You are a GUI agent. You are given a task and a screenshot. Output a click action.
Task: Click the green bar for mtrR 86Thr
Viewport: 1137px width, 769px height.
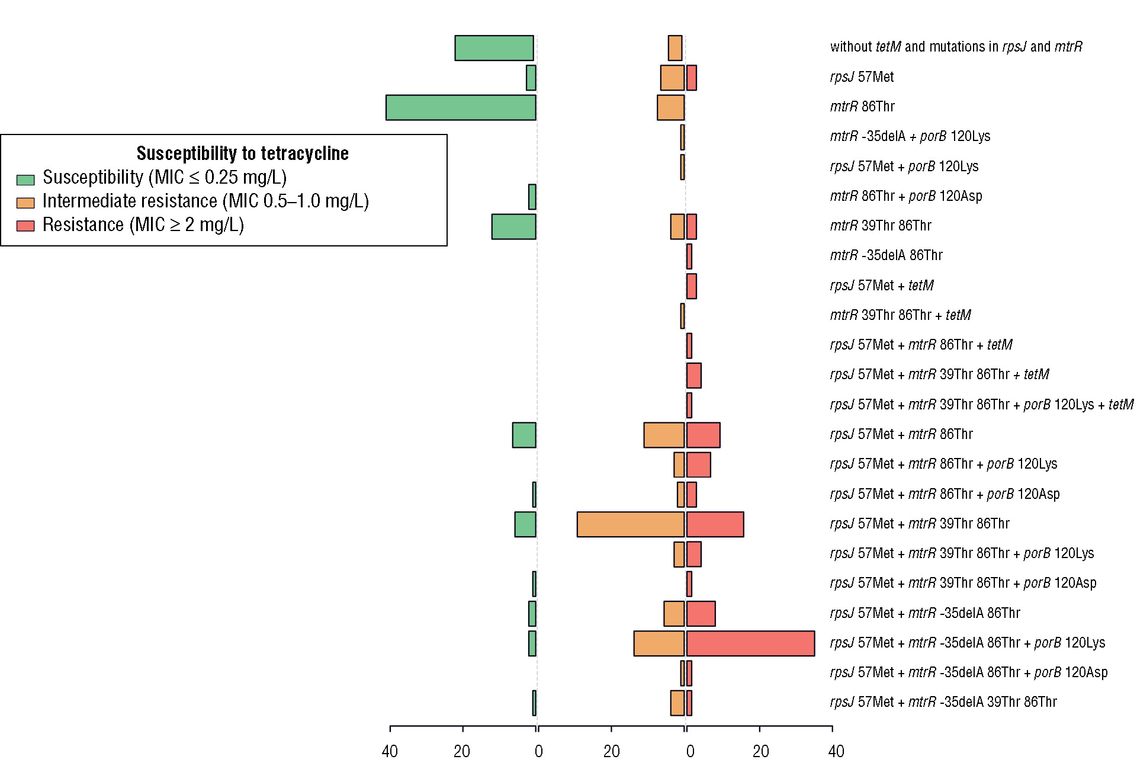pyautogui.click(x=461, y=108)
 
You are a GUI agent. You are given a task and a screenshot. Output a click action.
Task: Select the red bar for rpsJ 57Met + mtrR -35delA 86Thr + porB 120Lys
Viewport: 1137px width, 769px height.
pyautogui.click(x=750, y=643)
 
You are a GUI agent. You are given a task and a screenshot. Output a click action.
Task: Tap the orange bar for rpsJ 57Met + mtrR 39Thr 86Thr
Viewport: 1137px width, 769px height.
pyautogui.click(x=631, y=524)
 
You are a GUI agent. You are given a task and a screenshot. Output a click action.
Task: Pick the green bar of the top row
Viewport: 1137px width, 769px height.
pyautogui.click(x=494, y=48)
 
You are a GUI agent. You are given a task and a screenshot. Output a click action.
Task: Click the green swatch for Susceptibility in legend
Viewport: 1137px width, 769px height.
pyautogui.click(x=25, y=180)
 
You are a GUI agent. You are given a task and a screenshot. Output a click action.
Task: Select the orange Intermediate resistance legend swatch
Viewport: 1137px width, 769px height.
pyautogui.click(x=25, y=203)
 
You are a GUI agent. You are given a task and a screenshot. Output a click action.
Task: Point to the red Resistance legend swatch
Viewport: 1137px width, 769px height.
pyautogui.click(x=25, y=226)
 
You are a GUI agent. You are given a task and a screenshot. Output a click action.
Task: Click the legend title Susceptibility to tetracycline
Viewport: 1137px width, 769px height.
pyautogui.click(x=242, y=153)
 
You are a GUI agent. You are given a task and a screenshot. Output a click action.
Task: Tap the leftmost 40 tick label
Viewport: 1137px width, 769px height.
pyautogui.click(x=390, y=752)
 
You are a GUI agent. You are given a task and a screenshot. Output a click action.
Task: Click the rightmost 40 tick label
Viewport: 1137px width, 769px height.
pyautogui.click(x=836, y=752)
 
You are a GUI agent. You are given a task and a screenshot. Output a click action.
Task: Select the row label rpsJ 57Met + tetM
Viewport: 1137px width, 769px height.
pyautogui.click(x=881, y=286)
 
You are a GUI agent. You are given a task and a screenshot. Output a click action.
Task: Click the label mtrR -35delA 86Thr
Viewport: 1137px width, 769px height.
pyautogui.click(x=886, y=255)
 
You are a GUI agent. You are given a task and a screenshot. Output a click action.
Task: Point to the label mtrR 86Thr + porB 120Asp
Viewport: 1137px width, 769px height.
pyautogui.click(x=905, y=196)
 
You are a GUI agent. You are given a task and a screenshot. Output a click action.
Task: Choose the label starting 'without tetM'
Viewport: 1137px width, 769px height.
pyautogui.click(x=956, y=47)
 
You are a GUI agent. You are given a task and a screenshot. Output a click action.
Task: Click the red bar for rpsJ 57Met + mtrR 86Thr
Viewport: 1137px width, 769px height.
pyautogui.click(x=704, y=435)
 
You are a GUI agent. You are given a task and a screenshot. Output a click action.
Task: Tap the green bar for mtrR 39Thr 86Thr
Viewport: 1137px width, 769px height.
pyautogui.click(x=513, y=227)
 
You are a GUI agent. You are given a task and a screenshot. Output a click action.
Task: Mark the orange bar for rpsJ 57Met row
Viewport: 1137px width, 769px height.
pyautogui.click(x=672, y=78)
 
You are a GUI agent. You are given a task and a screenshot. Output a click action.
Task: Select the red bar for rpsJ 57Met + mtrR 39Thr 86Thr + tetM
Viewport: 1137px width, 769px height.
pyautogui.click(x=694, y=376)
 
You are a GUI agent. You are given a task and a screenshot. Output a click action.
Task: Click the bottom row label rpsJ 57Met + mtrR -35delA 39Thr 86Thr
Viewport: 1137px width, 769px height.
pyautogui.click(x=943, y=702)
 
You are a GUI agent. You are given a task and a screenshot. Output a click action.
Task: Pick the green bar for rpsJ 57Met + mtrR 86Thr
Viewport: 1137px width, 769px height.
pyautogui.click(x=524, y=435)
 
